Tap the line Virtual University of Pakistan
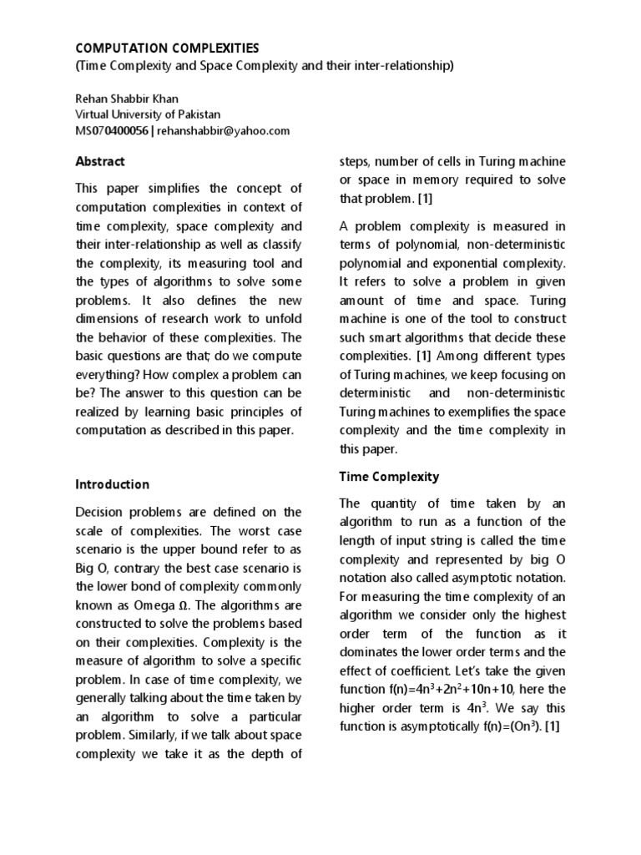(x=149, y=114)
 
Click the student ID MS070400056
(x=114, y=130)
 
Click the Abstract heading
(x=100, y=162)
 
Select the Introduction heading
(x=113, y=484)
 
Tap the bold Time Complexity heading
(x=388, y=477)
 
